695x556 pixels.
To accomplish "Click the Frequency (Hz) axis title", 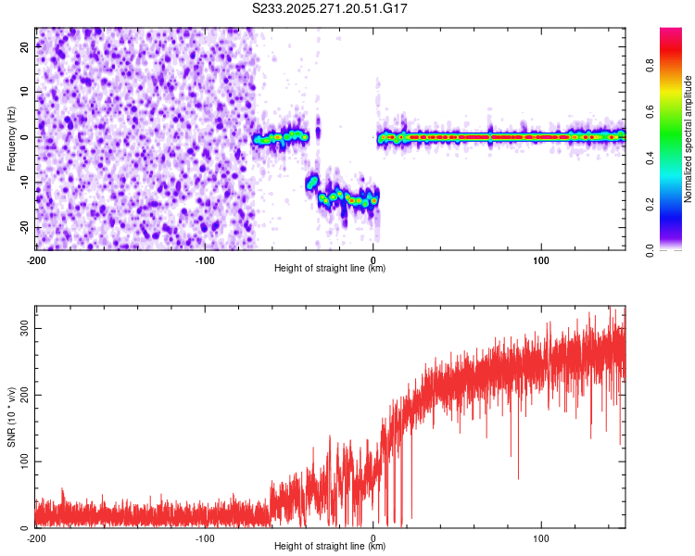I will coord(11,138).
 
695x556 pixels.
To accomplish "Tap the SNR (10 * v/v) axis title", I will coord(11,416).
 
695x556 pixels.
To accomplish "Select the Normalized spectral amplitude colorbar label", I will coord(689,139).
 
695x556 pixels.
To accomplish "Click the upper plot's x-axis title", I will coord(330,268).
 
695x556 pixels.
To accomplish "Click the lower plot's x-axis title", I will coord(330,546).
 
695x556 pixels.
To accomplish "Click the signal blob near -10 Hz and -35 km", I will coord(312,183).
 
